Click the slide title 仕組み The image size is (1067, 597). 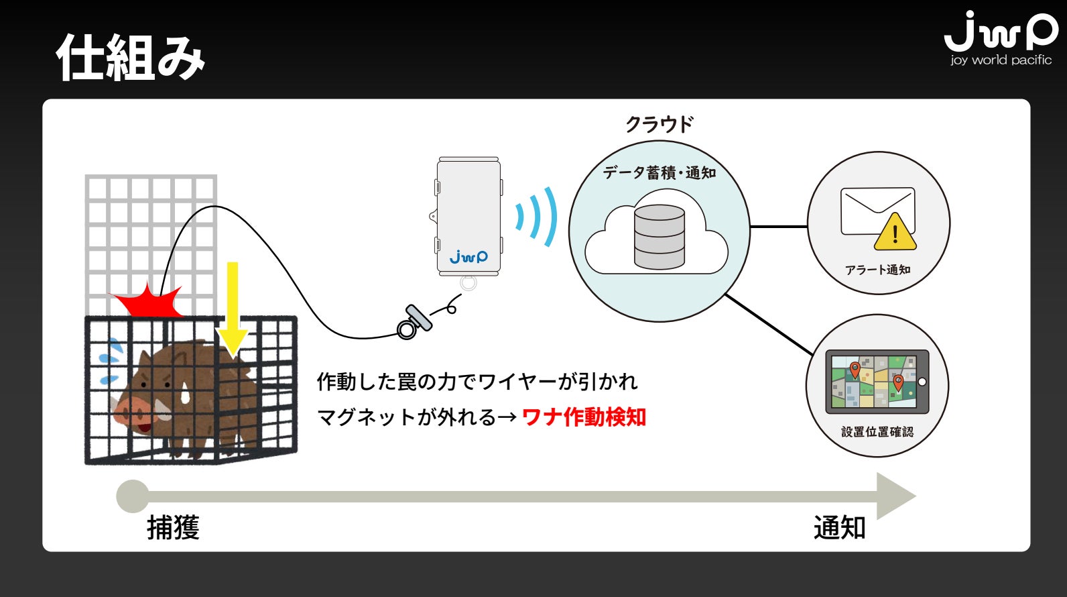click(x=131, y=58)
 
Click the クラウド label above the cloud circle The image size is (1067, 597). click(x=659, y=124)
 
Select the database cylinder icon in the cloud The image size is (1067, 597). click(x=660, y=237)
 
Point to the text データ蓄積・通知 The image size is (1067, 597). click(x=659, y=173)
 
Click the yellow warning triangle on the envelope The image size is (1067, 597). click(x=895, y=232)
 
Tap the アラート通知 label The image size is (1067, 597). click(x=877, y=270)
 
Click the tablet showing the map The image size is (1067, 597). click(x=877, y=382)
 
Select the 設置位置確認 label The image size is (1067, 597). click(x=877, y=431)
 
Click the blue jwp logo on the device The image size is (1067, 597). click(x=468, y=256)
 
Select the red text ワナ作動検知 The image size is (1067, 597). click(x=583, y=417)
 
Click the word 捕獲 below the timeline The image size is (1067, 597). click(x=173, y=528)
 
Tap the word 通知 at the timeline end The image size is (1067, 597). click(x=839, y=528)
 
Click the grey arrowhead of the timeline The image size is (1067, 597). click(x=894, y=496)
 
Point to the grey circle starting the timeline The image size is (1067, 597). click(x=133, y=496)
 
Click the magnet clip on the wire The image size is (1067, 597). click(x=414, y=321)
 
